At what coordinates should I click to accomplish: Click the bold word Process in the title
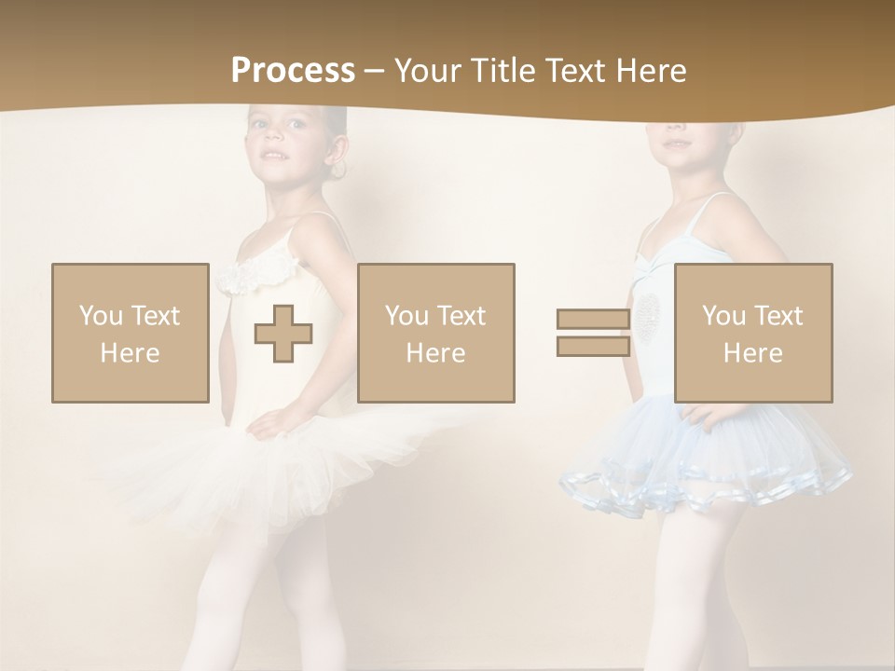[x=293, y=71]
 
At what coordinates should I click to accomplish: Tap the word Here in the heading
[x=650, y=71]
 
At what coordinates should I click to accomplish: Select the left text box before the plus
[x=130, y=333]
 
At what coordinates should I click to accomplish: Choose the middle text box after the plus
[x=435, y=333]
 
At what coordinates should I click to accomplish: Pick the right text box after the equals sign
[x=752, y=333]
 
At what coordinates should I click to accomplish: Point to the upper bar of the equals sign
[x=593, y=319]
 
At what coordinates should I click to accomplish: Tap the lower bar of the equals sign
[x=593, y=347]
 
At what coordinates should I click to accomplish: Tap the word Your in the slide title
[x=428, y=71]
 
